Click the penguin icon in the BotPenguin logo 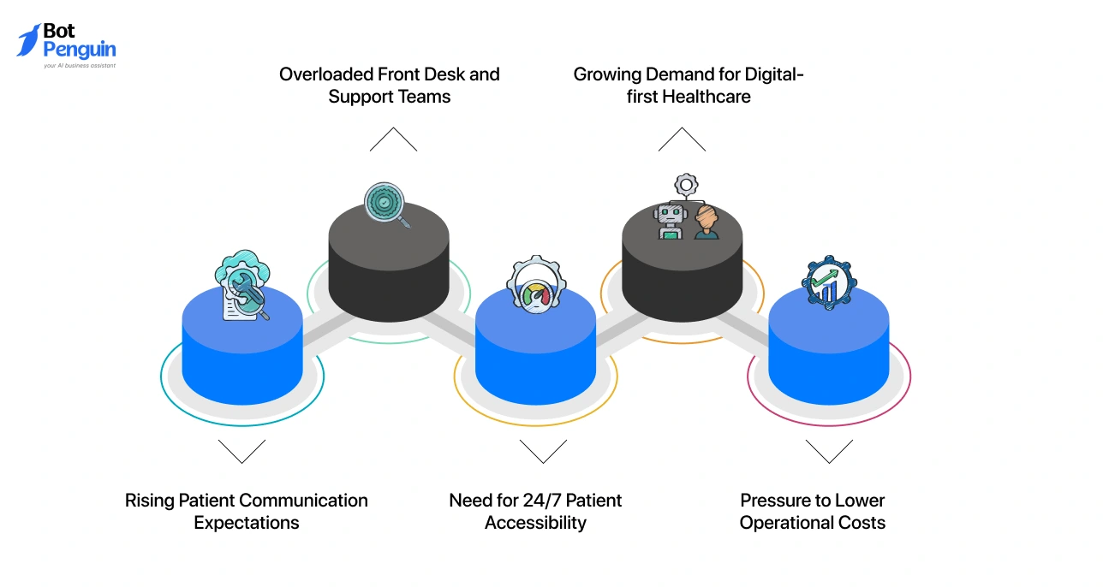pyautogui.click(x=29, y=39)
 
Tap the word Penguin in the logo pyautogui.click(x=79, y=50)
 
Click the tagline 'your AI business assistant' pyautogui.click(x=80, y=65)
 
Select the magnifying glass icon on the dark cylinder pyautogui.click(x=387, y=205)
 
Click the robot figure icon pyautogui.click(x=670, y=220)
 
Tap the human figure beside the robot pyautogui.click(x=706, y=222)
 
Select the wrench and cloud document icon pyautogui.click(x=242, y=287)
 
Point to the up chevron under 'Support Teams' pyautogui.click(x=393, y=139)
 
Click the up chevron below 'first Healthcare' pyautogui.click(x=682, y=139)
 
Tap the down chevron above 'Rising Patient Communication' pyautogui.click(x=241, y=451)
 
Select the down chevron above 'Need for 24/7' pyautogui.click(x=543, y=451)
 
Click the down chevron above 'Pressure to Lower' pyautogui.click(x=829, y=451)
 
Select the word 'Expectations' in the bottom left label pyautogui.click(x=247, y=523)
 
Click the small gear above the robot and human pyautogui.click(x=686, y=184)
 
